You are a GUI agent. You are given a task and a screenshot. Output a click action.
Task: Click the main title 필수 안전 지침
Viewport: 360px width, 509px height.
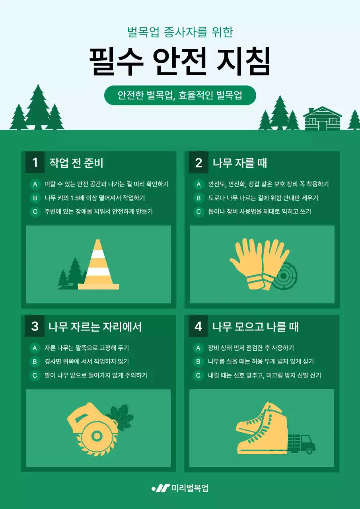(x=180, y=62)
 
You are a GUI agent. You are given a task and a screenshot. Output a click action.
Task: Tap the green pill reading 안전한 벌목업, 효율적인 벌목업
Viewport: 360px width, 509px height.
(x=180, y=95)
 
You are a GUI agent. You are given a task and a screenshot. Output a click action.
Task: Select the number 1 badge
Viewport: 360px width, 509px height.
(x=35, y=162)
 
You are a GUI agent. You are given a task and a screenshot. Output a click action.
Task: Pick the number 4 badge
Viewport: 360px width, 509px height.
(x=198, y=326)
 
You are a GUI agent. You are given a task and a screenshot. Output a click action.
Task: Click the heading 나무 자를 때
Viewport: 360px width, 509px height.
(x=239, y=163)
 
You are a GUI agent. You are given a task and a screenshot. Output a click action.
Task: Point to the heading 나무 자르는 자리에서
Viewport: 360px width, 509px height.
(x=95, y=326)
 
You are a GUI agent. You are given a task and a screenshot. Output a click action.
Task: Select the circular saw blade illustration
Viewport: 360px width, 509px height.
(x=95, y=429)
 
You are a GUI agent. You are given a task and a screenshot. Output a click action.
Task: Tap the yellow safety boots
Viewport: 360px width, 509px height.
(x=263, y=429)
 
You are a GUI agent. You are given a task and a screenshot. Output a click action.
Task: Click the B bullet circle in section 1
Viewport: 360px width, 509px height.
(x=35, y=198)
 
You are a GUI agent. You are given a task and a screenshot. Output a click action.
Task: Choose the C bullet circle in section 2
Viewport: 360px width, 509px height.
(x=198, y=212)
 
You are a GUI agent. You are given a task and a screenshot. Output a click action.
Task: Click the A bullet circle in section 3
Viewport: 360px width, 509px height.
(x=35, y=348)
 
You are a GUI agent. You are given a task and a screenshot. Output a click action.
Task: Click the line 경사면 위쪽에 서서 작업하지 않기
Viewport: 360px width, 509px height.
(x=87, y=361)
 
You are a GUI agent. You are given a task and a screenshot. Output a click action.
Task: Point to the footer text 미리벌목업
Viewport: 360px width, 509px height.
(x=190, y=488)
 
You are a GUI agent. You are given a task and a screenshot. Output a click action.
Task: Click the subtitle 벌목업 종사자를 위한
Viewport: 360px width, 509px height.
(x=180, y=32)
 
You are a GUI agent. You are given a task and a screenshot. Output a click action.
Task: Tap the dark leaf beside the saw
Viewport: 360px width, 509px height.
(x=119, y=414)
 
